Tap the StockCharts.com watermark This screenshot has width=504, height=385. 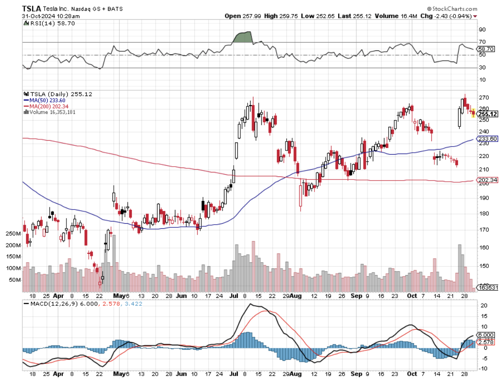(x=454, y=9)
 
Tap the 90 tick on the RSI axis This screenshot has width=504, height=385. (x=482, y=29)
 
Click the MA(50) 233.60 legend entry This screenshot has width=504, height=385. (x=47, y=100)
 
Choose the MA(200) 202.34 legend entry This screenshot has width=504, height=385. (x=49, y=106)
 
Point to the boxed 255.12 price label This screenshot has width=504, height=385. (x=486, y=114)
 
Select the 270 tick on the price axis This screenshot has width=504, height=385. (x=482, y=97)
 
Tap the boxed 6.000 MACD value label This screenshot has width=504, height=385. (x=485, y=335)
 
